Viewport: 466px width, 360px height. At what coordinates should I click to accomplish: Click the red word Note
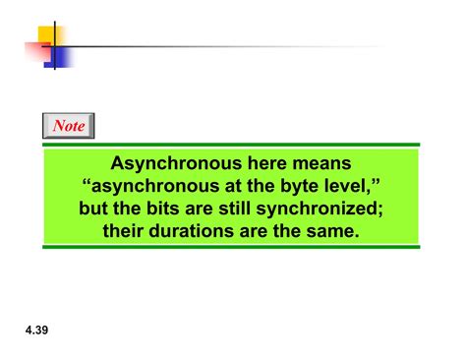click(69, 126)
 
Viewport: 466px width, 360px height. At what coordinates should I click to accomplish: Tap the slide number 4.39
click(36, 330)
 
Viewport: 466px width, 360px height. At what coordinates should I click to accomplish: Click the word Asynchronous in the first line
click(176, 163)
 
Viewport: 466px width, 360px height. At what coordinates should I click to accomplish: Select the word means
click(321, 163)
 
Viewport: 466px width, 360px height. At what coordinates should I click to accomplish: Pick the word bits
click(162, 209)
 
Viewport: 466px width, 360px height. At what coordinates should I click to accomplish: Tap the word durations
click(192, 231)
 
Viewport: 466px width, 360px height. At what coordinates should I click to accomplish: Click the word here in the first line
click(266, 163)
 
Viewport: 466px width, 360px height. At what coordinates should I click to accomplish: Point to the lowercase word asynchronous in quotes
click(155, 187)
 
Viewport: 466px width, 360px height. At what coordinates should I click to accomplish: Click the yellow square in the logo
click(50, 35)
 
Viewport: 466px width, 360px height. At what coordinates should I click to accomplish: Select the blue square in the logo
click(59, 58)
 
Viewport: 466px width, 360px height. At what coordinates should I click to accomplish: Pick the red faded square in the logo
click(38, 51)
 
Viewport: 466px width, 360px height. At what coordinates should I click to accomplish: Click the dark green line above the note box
click(231, 145)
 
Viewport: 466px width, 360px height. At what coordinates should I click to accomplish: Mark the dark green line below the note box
click(231, 247)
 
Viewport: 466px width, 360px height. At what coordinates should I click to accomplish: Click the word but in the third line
click(93, 209)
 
